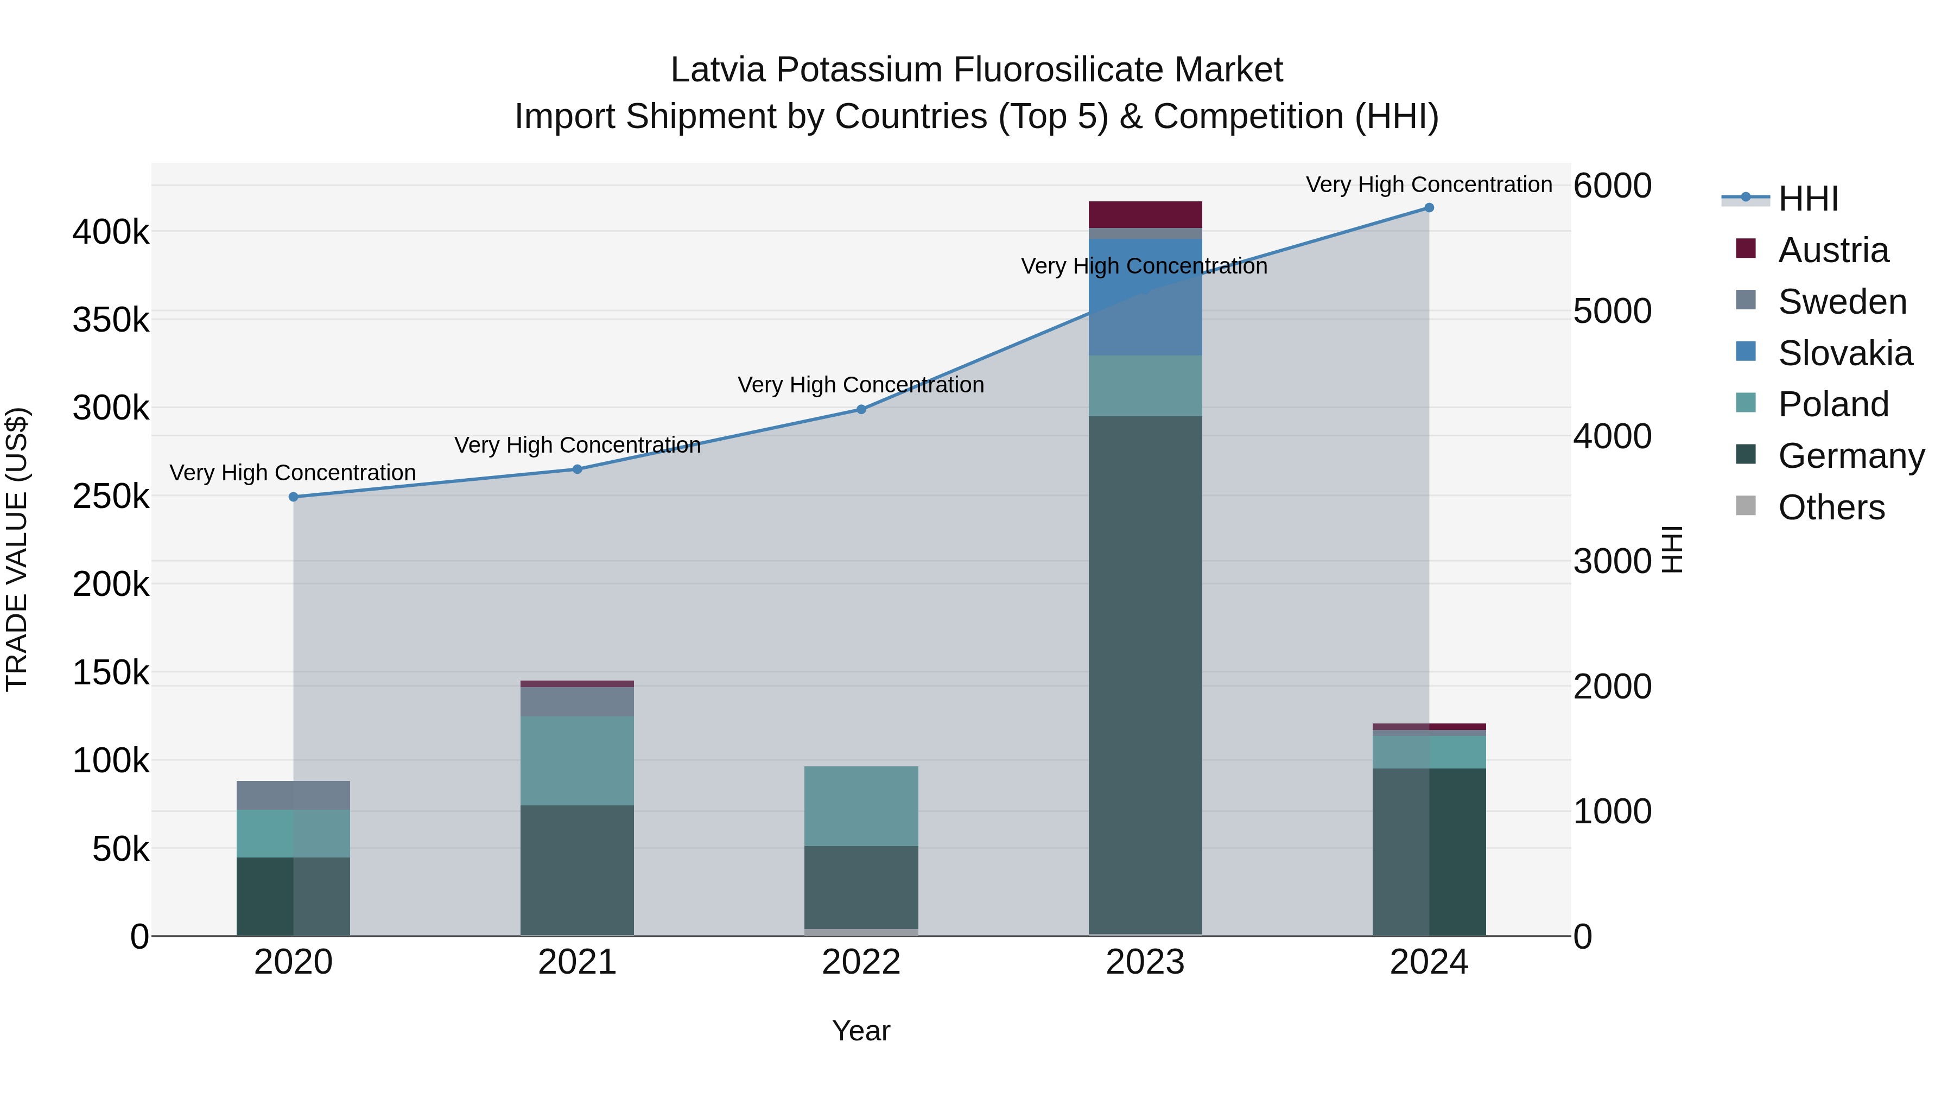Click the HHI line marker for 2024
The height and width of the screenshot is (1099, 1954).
pos(1429,208)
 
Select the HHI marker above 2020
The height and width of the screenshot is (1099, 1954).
pos(294,497)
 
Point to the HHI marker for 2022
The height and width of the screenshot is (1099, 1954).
pos(861,410)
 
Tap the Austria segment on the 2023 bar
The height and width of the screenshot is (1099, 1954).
pos(1145,214)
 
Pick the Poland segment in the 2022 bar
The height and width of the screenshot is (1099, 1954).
pos(861,805)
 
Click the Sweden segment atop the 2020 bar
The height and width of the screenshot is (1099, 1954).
pos(294,795)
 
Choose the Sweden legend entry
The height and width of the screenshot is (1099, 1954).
pos(1842,302)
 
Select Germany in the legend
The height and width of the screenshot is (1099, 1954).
pos(1850,456)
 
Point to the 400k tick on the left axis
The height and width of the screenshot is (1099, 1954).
pos(111,232)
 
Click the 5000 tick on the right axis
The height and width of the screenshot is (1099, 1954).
pos(1612,311)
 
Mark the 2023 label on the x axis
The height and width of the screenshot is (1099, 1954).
pos(1145,962)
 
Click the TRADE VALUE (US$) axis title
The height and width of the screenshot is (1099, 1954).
pos(17,549)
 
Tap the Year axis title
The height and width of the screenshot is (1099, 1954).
pos(861,1031)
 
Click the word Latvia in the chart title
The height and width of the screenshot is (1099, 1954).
pos(717,70)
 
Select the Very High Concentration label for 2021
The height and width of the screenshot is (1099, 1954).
pos(578,444)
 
